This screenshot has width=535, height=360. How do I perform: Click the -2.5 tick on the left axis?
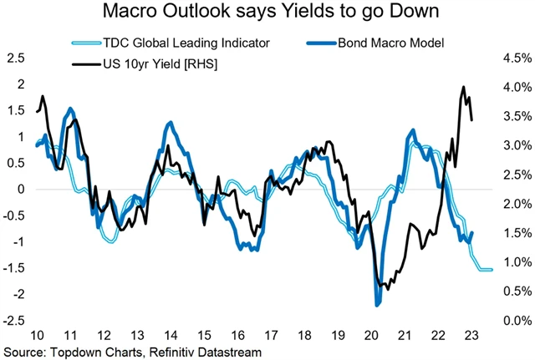(x=13, y=320)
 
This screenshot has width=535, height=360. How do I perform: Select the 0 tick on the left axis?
(x=21, y=189)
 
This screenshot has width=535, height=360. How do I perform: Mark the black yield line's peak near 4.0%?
(x=463, y=87)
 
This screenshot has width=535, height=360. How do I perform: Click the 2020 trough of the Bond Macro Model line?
(x=377, y=304)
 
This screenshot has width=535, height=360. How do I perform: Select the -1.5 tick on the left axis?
(x=13, y=267)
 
